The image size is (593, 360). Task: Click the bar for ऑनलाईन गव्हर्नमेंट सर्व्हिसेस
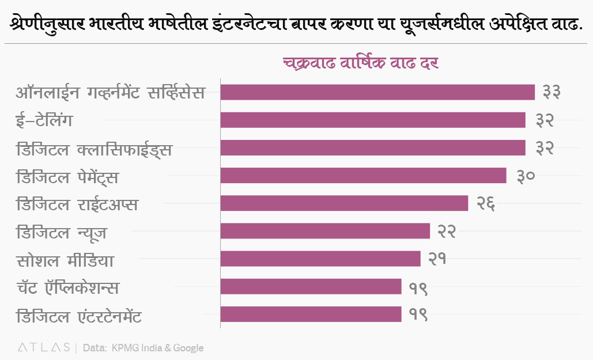pyautogui.click(x=377, y=92)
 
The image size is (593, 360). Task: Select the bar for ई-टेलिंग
pyautogui.click(x=373, y=120)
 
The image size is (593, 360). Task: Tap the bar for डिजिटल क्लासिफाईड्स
pyautogui.click(x=373, y=147)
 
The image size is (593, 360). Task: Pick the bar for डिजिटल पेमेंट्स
pyautogui.click(x=363, y=175)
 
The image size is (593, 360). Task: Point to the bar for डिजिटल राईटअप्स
pyautogui.click(x=344, y=203)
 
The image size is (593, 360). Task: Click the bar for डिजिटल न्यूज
pyautogui.click(x=325, y=231)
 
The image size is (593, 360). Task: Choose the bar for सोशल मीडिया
pyautogui.click(x=320, y=259)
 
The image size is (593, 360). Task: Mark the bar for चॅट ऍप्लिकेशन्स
pyautogui.click(x=311, y=286)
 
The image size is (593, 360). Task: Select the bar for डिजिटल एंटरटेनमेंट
pyautogui.click(x=311, y=314)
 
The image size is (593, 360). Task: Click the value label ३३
pyautogui.click(x=548, y=92)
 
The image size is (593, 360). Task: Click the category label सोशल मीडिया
pyautogui.click(x=65, y=260)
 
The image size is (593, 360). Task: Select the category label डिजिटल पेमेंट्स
pyautogui.click(x=67, y=177)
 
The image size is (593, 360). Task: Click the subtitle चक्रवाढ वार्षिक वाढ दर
pyautogui.click(x=361, y=63)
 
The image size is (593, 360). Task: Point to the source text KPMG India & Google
pyautogui.click(x=157, y=348)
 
